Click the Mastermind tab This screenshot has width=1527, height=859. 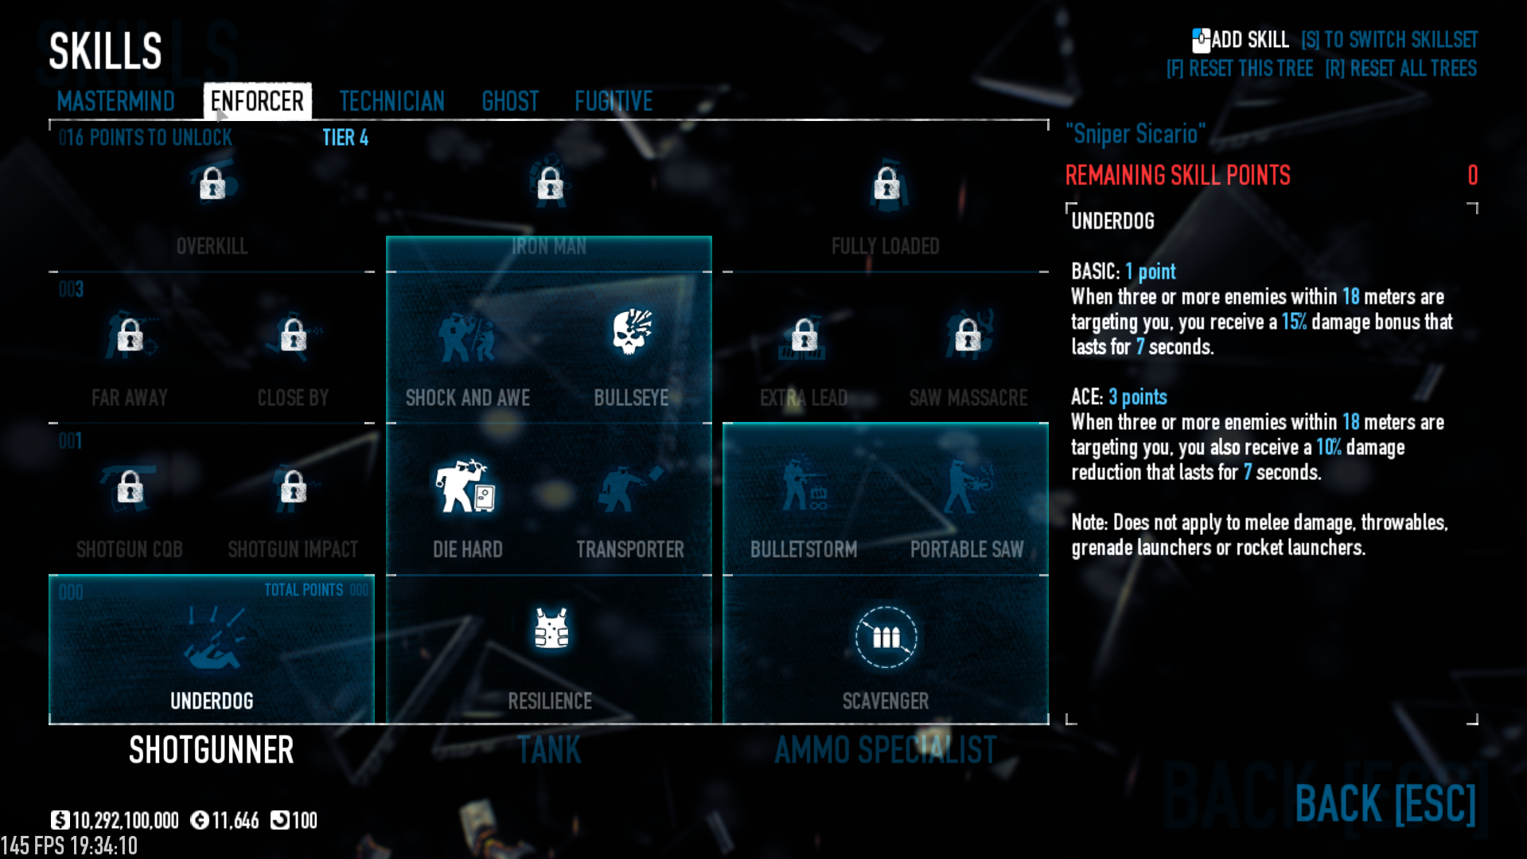pyautogui.click(x=115, y=101)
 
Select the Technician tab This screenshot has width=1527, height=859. pyautogui.click(x=391, y=101)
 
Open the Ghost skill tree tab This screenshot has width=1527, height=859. pyautogui.click(x=510, y=101)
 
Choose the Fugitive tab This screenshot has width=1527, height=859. pyautogui.click(x=614, y=101)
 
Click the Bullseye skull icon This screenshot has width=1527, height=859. pyautogui.click(x=632, y=332)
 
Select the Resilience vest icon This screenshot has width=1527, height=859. pyautogui.click(x=551, y=629)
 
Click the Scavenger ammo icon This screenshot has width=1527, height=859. pyautogui.click(x=886, y=637)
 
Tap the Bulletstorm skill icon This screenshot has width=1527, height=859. pyautogui.click(x=804, y=486)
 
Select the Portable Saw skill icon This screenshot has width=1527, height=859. pyautogui.click(x=967, y=486)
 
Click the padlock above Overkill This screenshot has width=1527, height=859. pyautogui.click(x=212, y=184)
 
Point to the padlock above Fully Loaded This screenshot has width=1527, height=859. pyautogui.click(x=886, y=185)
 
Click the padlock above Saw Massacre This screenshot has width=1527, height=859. pyautogui.click(x=968, y=335)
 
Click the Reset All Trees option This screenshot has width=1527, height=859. pyautogui.click(x=1400, y=68)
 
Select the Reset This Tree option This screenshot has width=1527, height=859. pyautogui.click(x=1240, y=68)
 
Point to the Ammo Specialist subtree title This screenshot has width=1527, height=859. pyautogui.click(x=885, y=750)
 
